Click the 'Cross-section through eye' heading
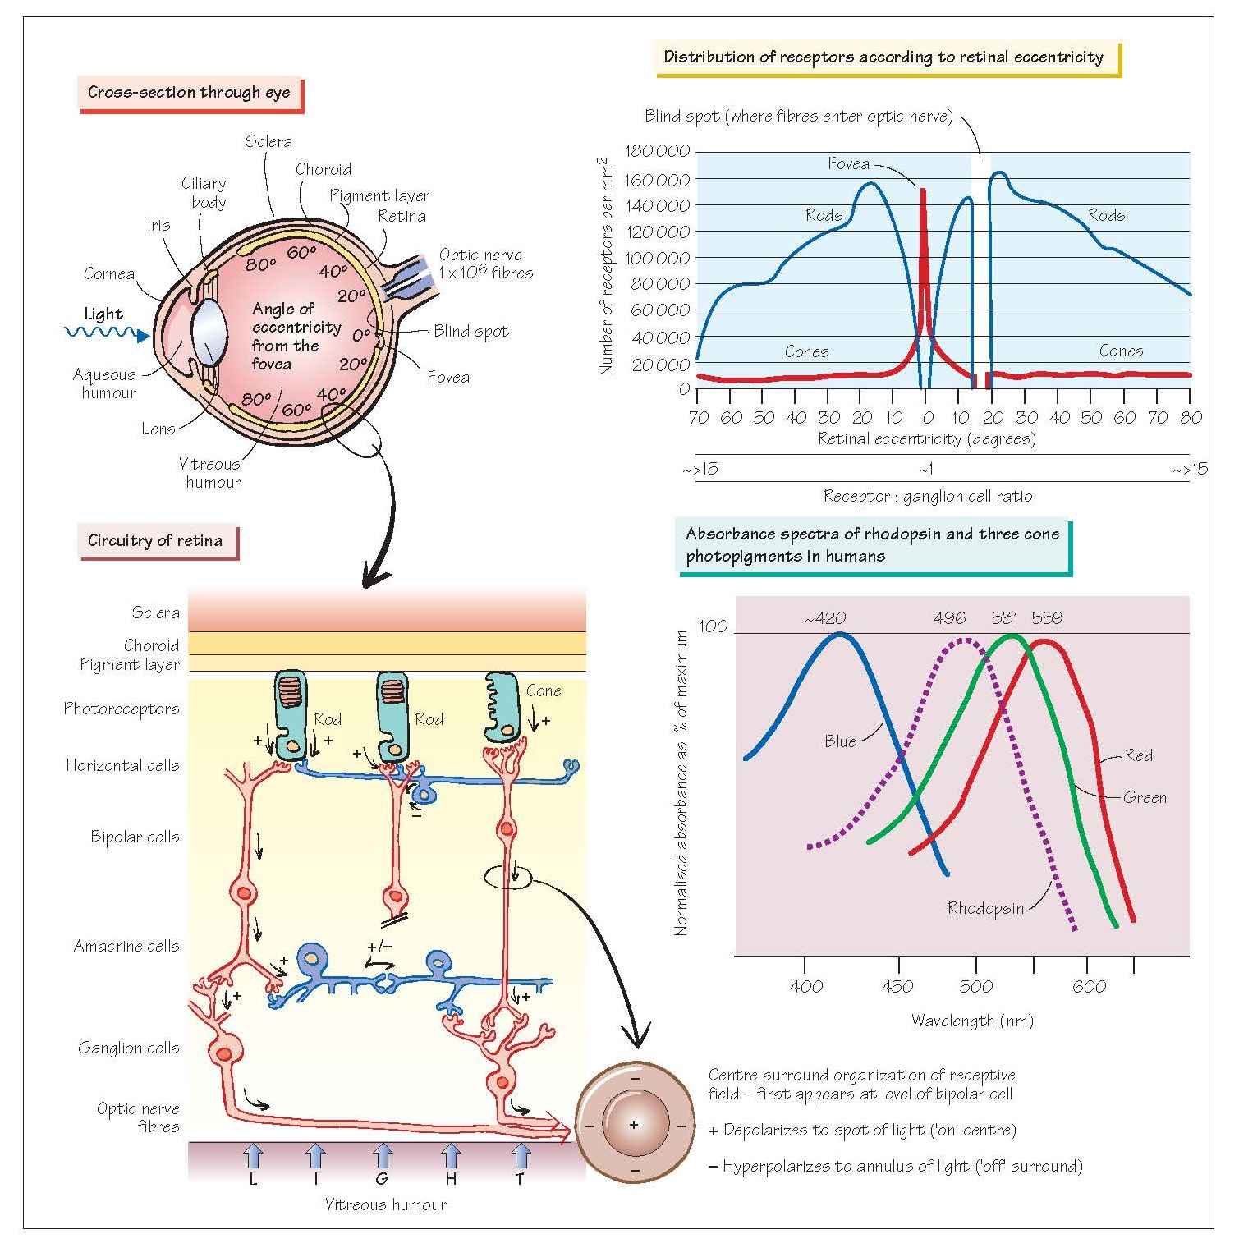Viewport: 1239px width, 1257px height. click(x=189, y=93)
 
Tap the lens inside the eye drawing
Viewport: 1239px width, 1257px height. click(x=209, y=332)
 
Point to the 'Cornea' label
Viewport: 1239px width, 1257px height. click(x=109, y=273)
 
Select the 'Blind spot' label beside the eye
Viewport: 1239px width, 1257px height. click(x=471, y=331)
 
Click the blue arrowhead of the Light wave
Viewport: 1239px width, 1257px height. click(x=144, y=335)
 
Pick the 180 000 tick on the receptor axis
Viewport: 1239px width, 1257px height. click(x=657, y=151)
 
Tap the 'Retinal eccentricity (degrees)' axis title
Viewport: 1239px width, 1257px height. click(x=927, y=439)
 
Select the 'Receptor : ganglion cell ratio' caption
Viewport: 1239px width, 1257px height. click(x=928, y=497)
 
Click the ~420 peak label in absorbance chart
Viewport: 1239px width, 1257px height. click(x=825, y=618)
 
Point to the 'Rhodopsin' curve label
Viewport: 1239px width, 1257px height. click(x=985, y=908)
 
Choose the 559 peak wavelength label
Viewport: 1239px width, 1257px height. click(x=1047, y=618)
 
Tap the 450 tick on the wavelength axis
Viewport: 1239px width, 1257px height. click(x=897, y=986)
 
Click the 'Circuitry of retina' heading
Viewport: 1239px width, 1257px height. click(x=155, y=541)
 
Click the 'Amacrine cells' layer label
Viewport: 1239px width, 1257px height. click(x=126, y=946)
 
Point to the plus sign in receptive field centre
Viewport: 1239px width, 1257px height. click(x=634, y=1124)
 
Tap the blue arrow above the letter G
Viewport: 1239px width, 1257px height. click(x=382, y=1157)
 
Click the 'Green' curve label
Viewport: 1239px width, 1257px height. click(x=1145, y=797)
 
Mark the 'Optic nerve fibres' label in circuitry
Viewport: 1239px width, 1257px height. click(x=138, y=1117)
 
